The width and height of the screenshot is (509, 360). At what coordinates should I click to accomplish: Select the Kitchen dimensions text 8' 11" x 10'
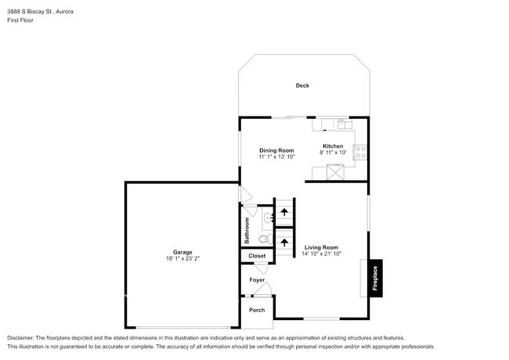tap(333, 153)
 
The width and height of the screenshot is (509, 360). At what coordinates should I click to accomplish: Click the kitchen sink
tap(341, 123)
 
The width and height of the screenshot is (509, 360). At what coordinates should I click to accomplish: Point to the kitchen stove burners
tap(361, 153)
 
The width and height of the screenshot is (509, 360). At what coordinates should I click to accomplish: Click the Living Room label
tap(321, 247)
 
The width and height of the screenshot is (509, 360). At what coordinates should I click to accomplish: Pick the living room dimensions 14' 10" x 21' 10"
tap(321, 254)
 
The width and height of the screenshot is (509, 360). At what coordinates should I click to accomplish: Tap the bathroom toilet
tap(265, 239)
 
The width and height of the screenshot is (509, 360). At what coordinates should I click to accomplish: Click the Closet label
tap(257, 256)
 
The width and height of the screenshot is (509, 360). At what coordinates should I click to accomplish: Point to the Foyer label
tap(257, 279)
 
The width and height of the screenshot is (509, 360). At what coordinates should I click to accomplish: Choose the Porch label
tap(257, 310)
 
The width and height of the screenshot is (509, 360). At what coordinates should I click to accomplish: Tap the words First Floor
tap(22, 20)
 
